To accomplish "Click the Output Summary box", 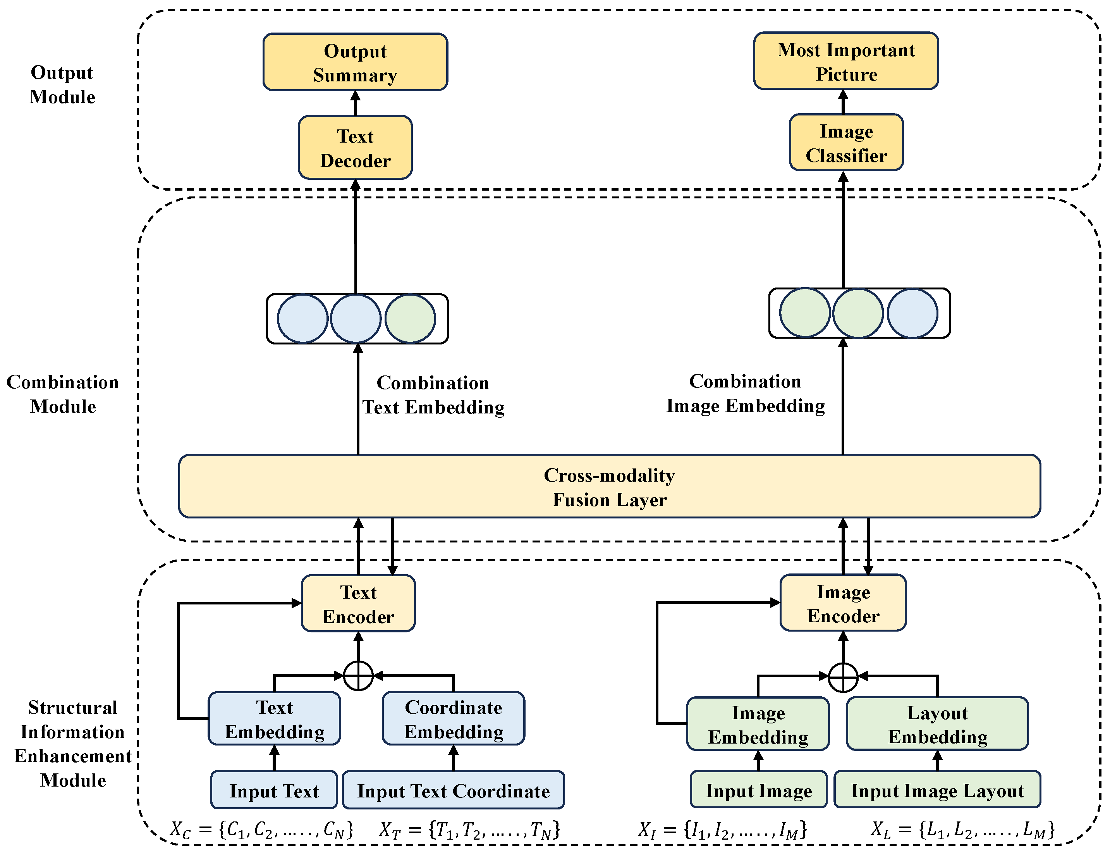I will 355,62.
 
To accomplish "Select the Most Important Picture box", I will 846,61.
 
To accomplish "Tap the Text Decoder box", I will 355,147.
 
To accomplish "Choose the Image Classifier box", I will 846,142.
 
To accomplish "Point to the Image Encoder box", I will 843,603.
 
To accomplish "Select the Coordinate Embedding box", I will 453,718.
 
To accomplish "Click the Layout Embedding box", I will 937,724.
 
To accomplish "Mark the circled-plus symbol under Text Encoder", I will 358,676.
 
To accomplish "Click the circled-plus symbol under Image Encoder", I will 843,677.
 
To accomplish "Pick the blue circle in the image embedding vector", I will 912,313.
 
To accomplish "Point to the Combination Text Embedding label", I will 433,395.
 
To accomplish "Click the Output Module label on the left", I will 62,84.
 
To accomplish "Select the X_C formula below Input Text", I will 261,830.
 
